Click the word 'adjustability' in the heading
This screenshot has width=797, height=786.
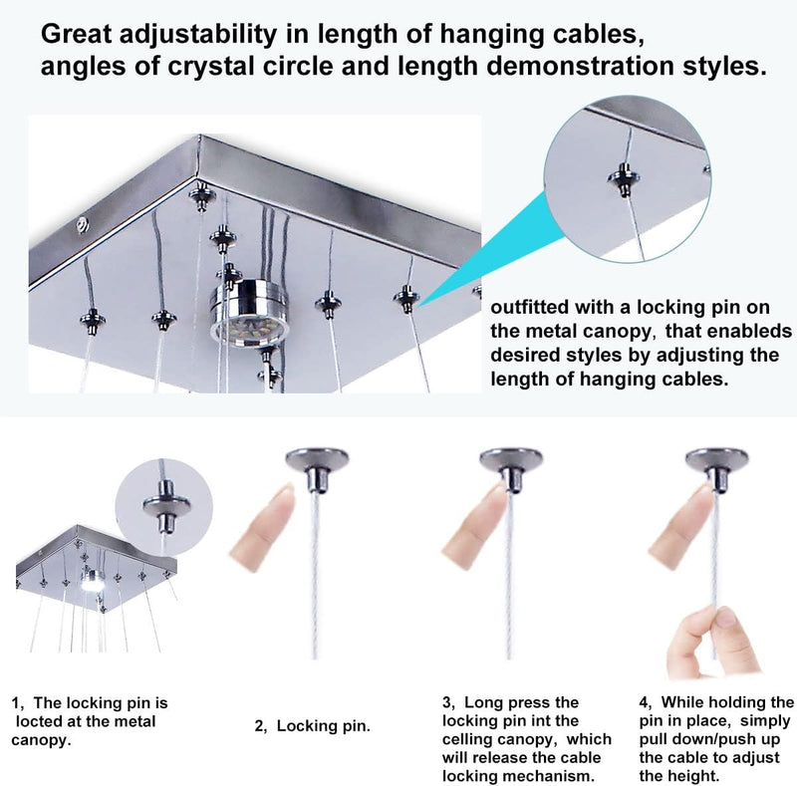[198, 35]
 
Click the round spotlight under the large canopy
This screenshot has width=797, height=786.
[248, 313]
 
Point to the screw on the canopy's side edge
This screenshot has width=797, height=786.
[83, 224]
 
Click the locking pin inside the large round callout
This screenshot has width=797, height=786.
[624, 178]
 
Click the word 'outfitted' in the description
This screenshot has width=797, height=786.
[529, 307]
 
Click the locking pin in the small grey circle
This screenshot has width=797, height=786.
[166, 506]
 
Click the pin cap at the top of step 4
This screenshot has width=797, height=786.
[716, 468]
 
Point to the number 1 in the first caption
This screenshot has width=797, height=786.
[16, 703]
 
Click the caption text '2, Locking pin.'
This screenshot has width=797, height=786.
[313, 726]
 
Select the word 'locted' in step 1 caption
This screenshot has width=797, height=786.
[36, 721]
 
